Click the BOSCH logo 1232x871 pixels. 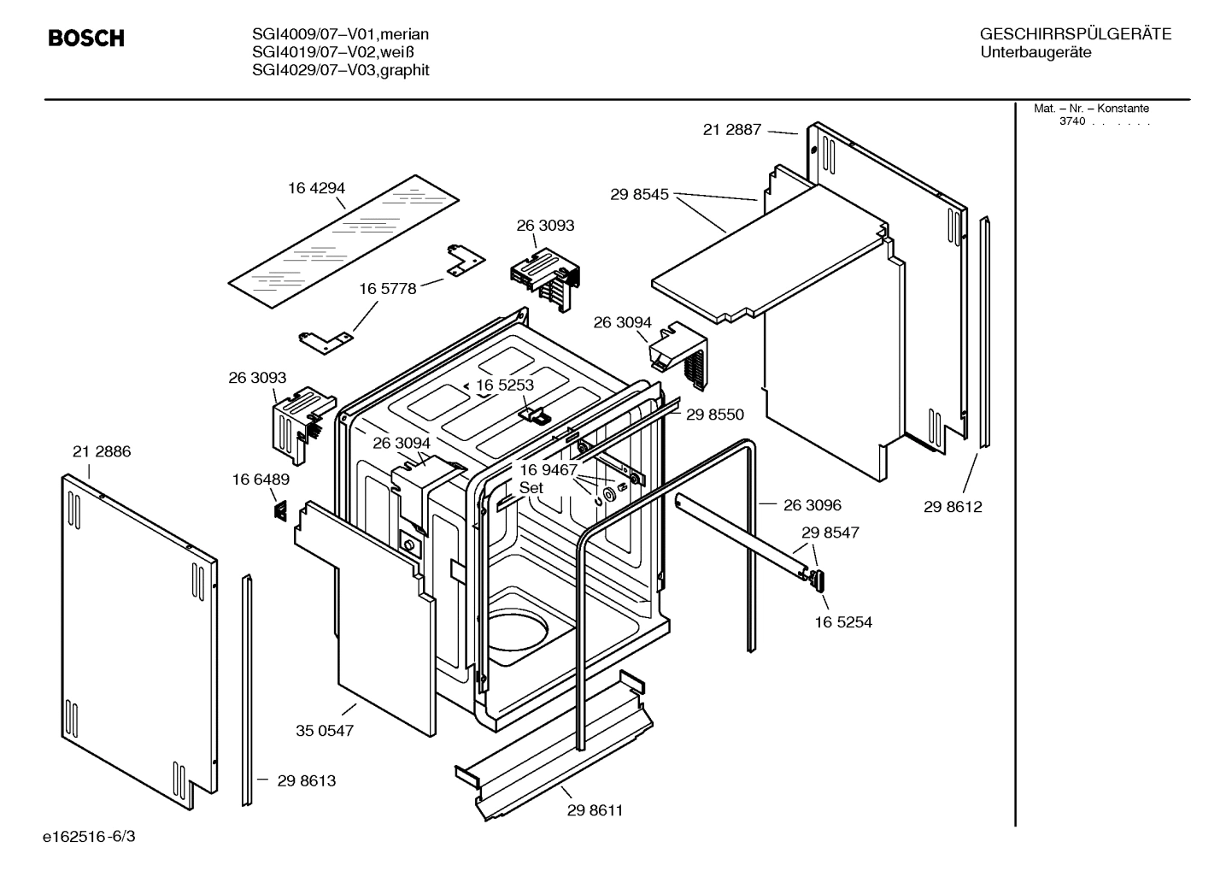tap(85, 38)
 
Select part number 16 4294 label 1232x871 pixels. tap(316, 188)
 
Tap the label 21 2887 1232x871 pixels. tap(731, 130)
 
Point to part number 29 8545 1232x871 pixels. tap(639, 194)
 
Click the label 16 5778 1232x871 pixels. tap(388, 289)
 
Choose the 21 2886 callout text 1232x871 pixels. tap(102, 451)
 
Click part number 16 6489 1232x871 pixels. tap(261, 480)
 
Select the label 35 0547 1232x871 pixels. tap(325, 731)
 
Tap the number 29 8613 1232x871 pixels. tap(306, 780)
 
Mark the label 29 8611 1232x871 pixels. tap(595, 810)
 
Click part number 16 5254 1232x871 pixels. tap(843, 622)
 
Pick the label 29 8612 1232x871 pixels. tap(953, 507)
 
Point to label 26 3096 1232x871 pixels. tap(813, 505)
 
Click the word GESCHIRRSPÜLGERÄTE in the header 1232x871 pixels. tap(1076, 34)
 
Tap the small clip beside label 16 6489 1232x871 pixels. tap(279, 510)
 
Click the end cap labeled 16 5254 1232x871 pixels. tap(818, 580)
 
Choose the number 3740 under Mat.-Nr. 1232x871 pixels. tap(1072, 121)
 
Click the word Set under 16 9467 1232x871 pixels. tap(531, 488)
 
